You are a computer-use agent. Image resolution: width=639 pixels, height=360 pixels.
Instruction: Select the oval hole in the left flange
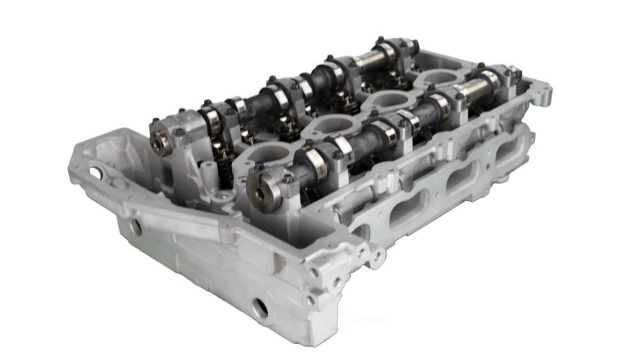95,172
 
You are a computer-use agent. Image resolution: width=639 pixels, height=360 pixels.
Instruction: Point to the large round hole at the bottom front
259,308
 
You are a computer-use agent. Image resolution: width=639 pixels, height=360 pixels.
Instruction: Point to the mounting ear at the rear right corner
541,93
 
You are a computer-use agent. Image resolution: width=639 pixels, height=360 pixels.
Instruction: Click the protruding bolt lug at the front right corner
377,256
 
